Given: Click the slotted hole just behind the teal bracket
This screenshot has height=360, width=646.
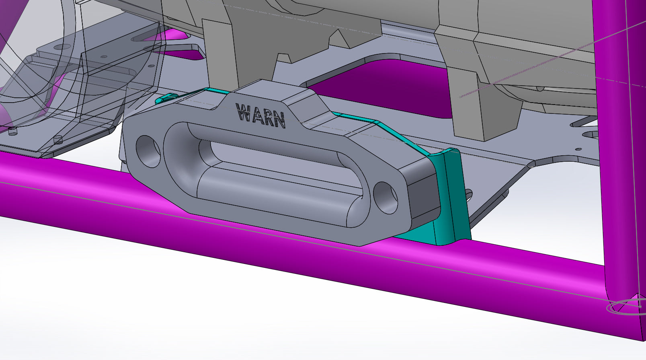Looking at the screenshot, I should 469,195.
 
